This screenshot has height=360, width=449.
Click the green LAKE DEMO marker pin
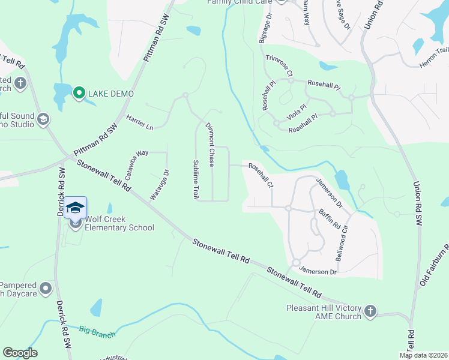[x=79, y=94]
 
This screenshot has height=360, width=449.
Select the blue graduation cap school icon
[x=76, y=208]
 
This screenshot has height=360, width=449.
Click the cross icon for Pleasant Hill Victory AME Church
[x=370, y=311]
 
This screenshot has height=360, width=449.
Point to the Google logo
[x=20, y=353]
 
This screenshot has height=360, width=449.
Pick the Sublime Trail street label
[x=196, y=180]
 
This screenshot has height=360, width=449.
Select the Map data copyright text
[x=423, y=355]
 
